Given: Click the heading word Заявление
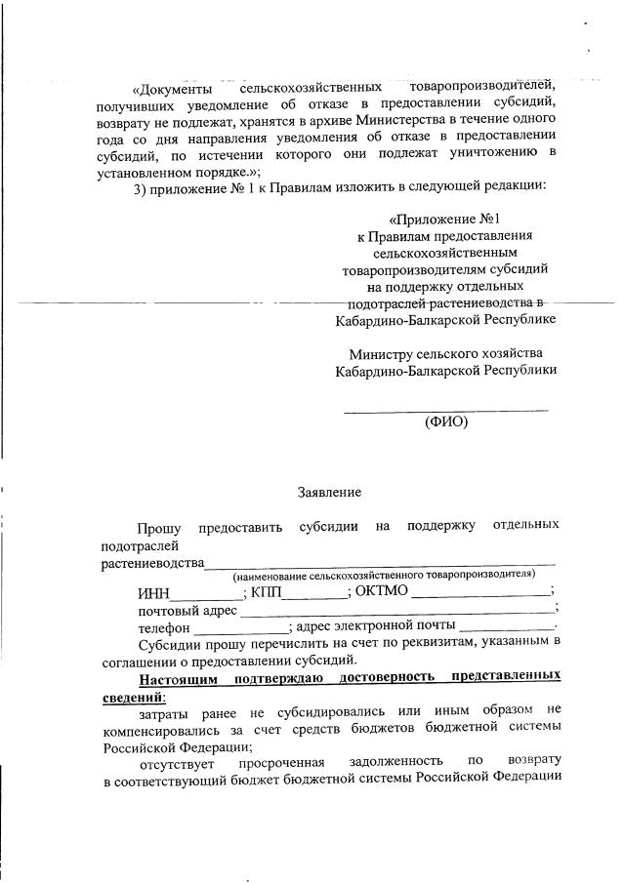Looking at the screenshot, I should [x=329, y=493].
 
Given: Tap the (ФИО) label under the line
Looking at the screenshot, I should [x=445, y=422].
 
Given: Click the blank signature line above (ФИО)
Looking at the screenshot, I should [x=445, y=408].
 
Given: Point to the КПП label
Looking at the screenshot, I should [x=267, y=591].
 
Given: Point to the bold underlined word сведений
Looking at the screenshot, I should [x=133, y=696].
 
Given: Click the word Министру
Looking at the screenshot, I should [x=383, y=353].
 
